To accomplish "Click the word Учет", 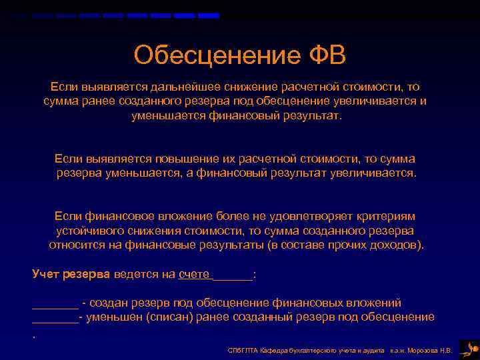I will tap(46, 273).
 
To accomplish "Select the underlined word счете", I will tap(194, 273).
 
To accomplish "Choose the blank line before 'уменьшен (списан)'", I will tap(55, 318).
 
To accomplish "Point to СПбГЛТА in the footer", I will tap(240, 349).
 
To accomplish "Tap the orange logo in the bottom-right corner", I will tap(469, 348).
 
